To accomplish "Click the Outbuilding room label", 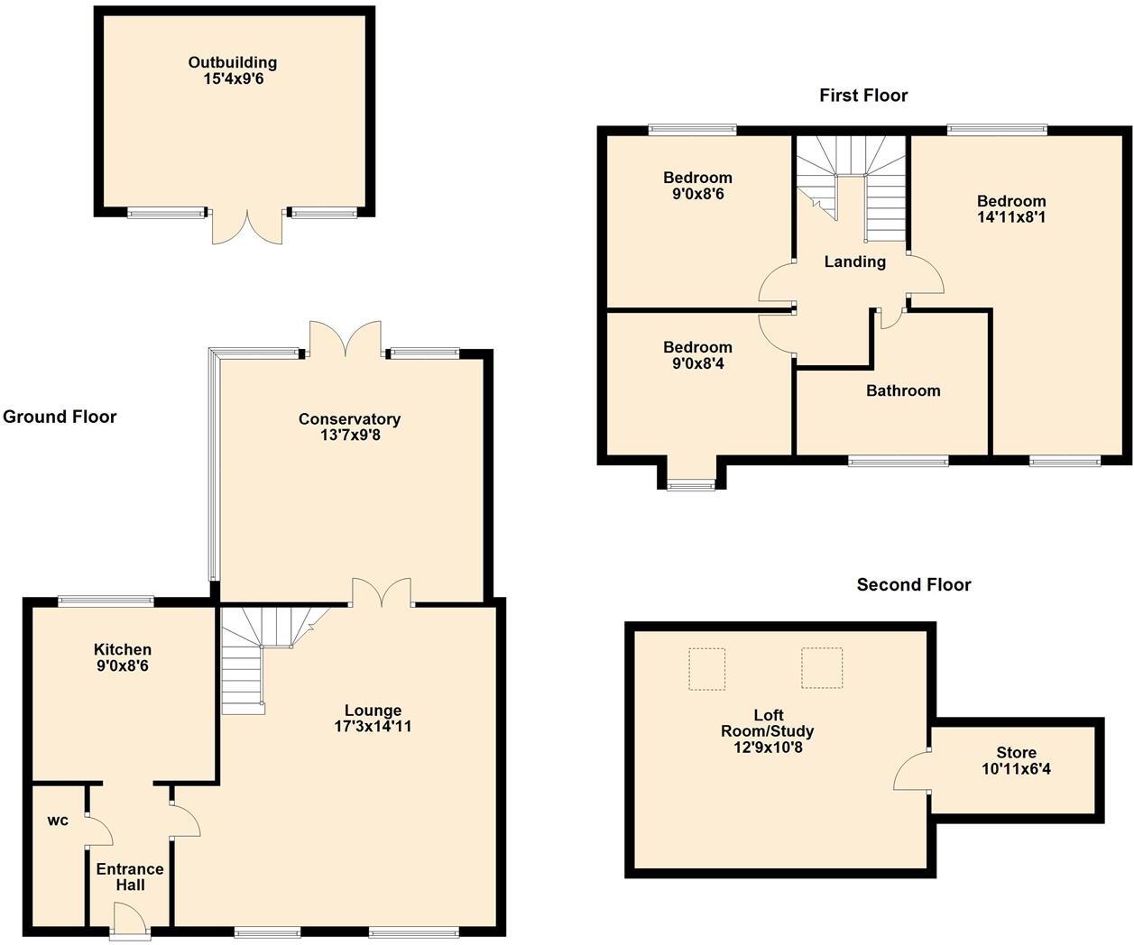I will click(232, 62).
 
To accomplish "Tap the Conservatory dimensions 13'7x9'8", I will click(349, 436).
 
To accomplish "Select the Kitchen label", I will click(123, 649).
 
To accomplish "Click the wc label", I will click(58, 821).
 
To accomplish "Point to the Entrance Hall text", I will click(130, 876).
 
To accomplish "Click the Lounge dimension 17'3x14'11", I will click(373, 726).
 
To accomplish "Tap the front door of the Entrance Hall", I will click(130, 922).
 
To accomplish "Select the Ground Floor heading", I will click(60, 417).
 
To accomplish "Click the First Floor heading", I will click(863, 96).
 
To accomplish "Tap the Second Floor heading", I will click(914, 585).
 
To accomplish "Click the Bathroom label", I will click(903, 390).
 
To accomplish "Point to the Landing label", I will click(854, 261).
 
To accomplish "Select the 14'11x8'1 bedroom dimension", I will click(1011, 217).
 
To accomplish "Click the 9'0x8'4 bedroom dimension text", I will click(697, 363).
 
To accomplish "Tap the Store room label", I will click(1016, 752).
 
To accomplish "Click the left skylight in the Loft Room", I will click(707, 668).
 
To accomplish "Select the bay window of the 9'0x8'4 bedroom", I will click(691, 485).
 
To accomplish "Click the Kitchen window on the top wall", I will click(106, 601).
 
